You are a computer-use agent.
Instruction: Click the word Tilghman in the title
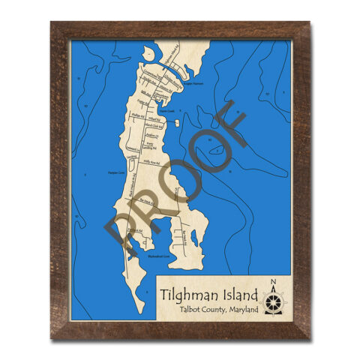click(188, 293)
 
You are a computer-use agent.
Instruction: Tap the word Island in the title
click(238, 293)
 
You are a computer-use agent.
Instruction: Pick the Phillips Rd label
click(137, 116)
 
